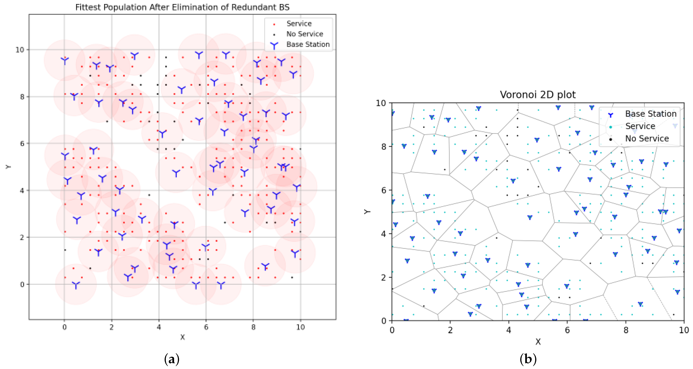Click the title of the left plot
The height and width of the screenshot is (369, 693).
coord(182,7)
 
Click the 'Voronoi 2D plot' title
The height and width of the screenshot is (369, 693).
coord(537,95)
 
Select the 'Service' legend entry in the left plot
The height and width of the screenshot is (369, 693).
coord(299,24)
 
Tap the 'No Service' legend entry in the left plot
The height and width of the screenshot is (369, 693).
coord(305,34)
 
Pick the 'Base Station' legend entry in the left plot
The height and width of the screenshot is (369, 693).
coord(308,44)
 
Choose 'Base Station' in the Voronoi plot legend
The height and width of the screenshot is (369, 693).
coord(651,114)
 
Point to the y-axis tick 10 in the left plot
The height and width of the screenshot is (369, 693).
coord(20,50)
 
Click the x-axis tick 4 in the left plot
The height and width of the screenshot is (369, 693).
coord(159,327)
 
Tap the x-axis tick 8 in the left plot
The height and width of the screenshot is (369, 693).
coord(253,327)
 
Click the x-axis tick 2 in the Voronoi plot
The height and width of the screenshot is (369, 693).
coord(450,330)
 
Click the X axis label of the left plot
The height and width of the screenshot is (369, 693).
coord(182,337)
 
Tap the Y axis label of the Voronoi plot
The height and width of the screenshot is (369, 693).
coord(367,212)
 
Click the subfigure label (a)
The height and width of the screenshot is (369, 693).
coord(172,359)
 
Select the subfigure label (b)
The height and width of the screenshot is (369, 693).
coord(528,359)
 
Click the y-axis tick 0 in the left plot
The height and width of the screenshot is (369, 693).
coord(22,284)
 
